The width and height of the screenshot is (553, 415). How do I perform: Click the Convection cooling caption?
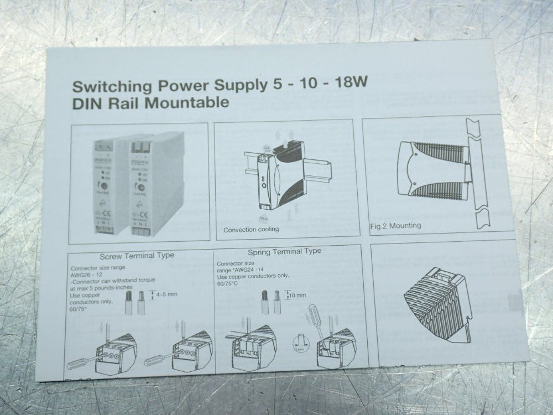coord(251,229)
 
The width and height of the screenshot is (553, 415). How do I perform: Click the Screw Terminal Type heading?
coord(137,255)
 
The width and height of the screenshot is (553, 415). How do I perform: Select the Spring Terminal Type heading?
coord(284,251)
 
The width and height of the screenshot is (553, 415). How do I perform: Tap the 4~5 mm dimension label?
coord(167,294)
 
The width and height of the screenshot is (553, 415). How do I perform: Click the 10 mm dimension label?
coord(297,295)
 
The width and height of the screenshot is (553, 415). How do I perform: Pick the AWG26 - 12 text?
coord(86,273)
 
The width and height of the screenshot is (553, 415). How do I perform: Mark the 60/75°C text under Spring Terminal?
coord(227,283)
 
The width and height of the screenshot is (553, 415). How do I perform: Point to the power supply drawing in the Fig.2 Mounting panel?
coord(431,169)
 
